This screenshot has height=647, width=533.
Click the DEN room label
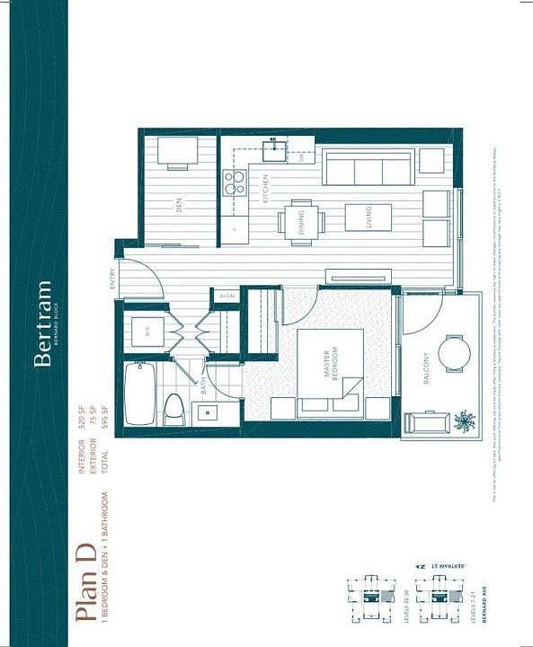pos(179,206)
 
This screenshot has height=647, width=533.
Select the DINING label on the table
pos(300,221)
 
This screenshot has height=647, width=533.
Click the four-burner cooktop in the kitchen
pos(235,184)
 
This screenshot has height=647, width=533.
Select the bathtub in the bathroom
pos(140,393)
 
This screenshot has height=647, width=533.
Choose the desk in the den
pos(178,152)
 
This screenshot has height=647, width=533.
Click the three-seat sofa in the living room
pos(369,168)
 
